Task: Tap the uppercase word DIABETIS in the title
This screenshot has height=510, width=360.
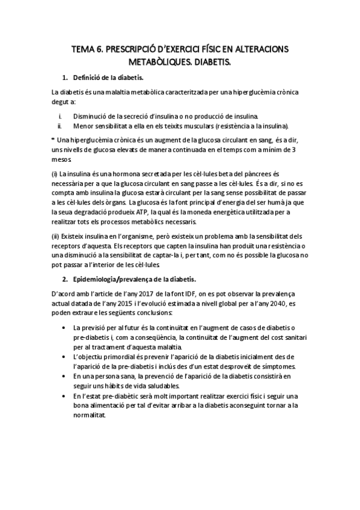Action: pos(213,62)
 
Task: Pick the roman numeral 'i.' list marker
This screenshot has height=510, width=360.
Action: pos(60,115)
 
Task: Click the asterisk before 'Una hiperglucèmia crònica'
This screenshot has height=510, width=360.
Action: pos(53,139)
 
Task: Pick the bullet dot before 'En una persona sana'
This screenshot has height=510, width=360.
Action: pos(64,375)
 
